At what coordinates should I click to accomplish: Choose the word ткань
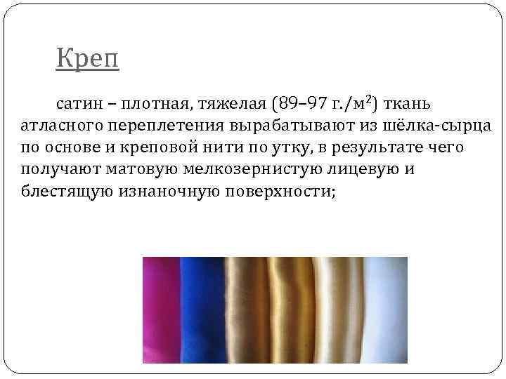[x=408, y=105]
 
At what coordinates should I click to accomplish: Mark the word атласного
[x=61, y=126]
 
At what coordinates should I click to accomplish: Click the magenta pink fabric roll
[x=161, y=309]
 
